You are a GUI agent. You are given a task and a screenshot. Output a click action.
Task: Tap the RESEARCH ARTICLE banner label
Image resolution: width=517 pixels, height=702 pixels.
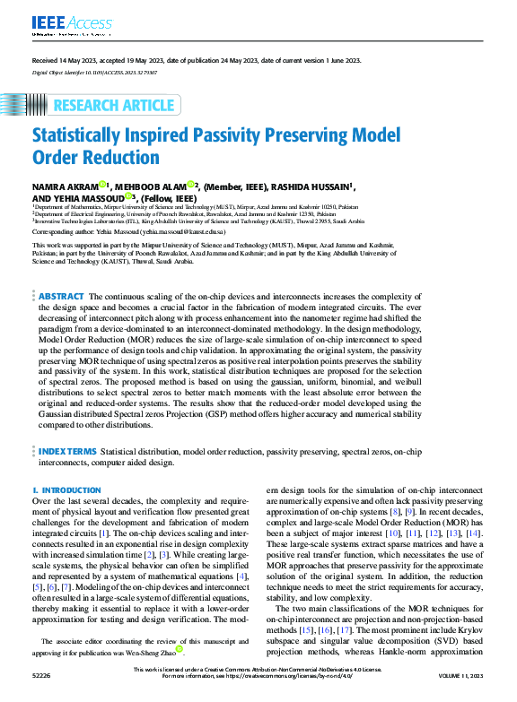tap(113, 106)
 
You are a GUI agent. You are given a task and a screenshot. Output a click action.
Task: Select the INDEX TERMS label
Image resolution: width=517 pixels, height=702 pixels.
tap(66, 452)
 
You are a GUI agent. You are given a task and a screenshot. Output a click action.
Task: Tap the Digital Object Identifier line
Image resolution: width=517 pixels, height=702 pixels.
tap(94, 70)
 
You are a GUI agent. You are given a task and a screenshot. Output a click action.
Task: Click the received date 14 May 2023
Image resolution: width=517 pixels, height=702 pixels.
tap(67, 59)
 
